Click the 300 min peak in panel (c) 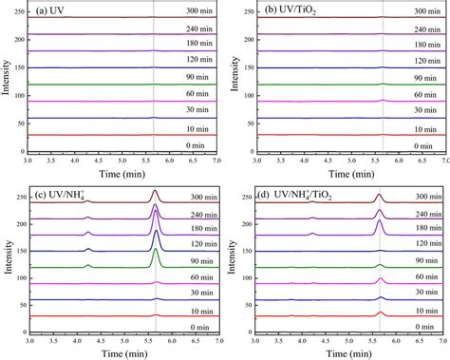(156, 195)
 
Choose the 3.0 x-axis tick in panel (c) (30, 340)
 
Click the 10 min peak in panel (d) (380, 313)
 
